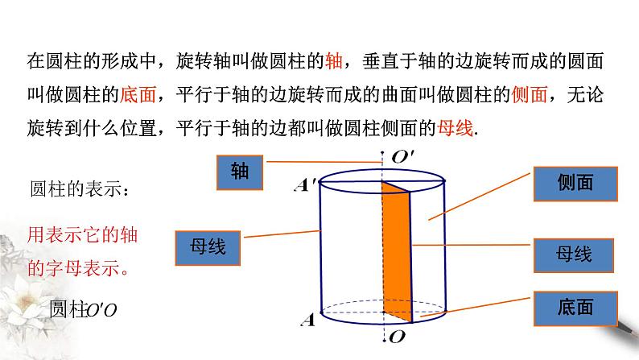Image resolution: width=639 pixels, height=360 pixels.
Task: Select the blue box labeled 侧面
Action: (x=573, y=183)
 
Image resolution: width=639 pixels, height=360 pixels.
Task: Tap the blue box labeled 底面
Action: (x=573, y=307)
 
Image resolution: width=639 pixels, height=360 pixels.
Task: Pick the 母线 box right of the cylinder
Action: (x=573, y=254)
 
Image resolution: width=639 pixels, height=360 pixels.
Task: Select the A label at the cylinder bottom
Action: (x=307, y=321)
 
